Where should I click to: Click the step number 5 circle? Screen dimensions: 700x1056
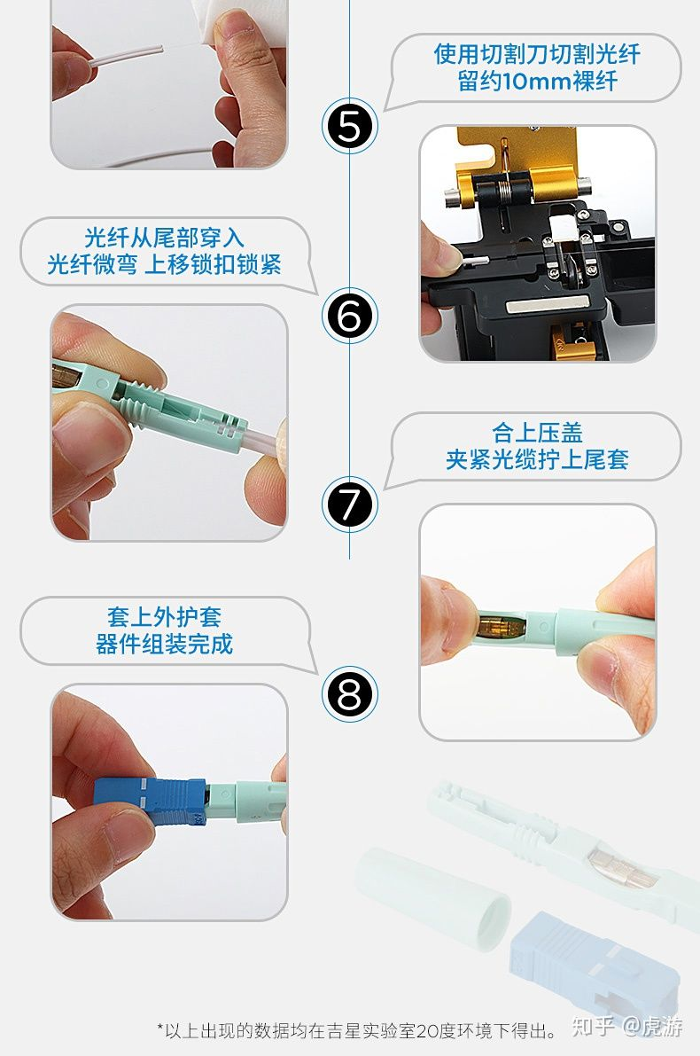click(349, 126)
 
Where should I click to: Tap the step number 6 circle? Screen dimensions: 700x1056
click(349, 315)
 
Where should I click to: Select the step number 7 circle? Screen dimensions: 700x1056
click(349, 505)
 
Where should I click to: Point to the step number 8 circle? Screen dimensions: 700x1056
click(349, 694)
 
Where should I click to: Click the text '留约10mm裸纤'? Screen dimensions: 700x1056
click(537, 82)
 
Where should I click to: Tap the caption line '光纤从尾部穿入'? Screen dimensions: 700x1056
click(164, 238)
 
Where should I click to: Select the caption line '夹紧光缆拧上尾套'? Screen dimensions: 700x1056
click(537, 460)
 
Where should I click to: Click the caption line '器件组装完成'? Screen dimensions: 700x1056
click(164, 645)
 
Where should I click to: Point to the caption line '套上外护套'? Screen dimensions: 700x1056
click(164, 617)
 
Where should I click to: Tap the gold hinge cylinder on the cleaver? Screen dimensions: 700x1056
click(555, 183)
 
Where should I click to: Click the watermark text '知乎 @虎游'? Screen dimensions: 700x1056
click(628, 1027)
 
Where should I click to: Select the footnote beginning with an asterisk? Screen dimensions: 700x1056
click(357, 1030)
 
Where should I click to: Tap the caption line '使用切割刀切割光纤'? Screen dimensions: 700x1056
click(537, 54)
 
